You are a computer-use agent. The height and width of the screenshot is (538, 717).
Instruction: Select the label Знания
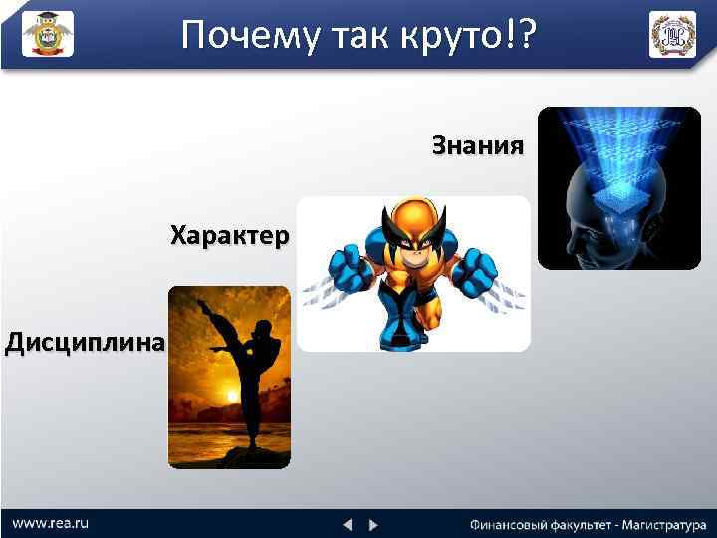click(477, 147)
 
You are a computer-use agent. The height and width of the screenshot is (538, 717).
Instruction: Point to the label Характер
click(230, 236)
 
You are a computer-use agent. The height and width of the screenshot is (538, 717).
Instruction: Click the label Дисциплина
click(84, 344)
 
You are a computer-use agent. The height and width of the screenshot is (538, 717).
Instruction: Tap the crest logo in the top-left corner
click(47, 34)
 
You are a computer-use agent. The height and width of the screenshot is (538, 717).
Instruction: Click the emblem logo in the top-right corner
click(672, 34)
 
